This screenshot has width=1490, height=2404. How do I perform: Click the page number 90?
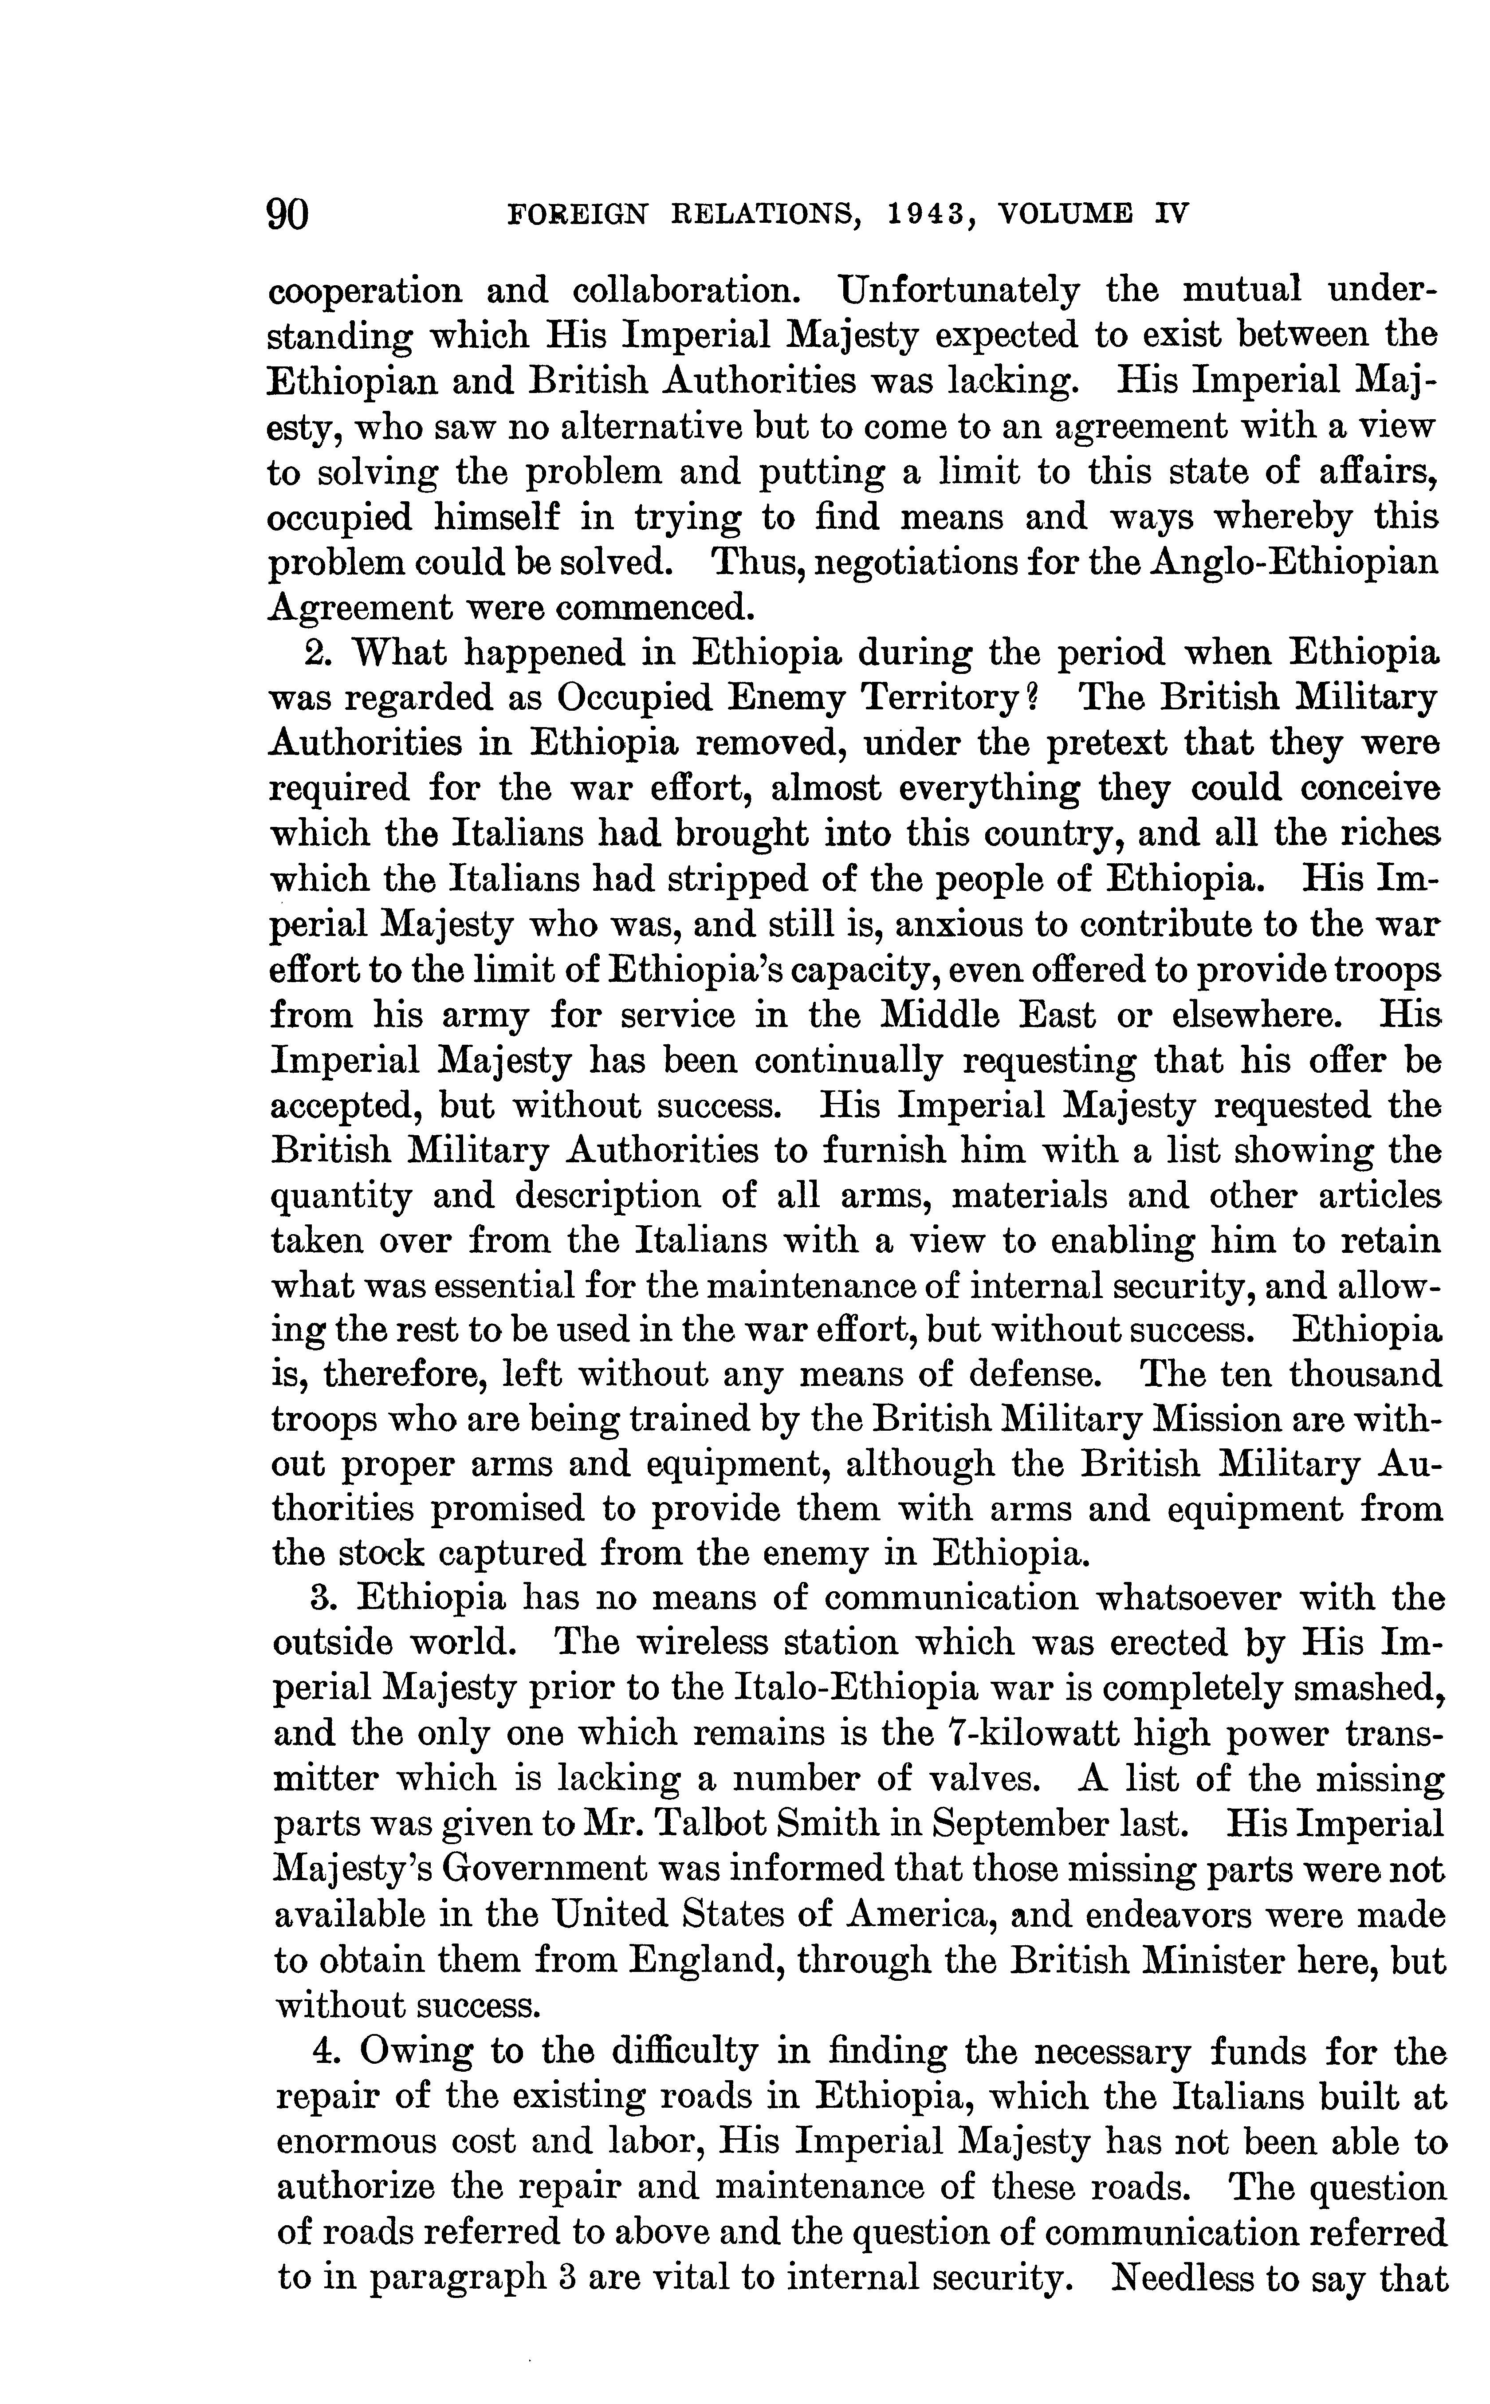point(288,213)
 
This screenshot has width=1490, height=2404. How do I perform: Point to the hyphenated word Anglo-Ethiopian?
point(1278,563)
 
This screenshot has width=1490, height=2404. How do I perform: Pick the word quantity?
point(340,1196)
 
